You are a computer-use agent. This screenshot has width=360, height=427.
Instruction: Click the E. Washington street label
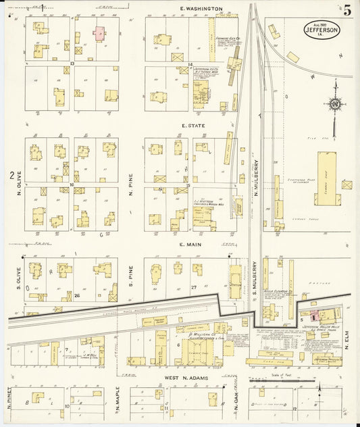pyautogui.click(x=201, y=9)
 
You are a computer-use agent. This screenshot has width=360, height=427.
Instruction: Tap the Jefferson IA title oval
pyautogui.click(x=322, y=29)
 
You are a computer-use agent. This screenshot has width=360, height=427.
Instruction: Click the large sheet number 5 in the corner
pyautogui.click(x=346, y=10)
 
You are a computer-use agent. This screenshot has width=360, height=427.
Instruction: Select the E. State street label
pyautogui.click(x=192, y=126)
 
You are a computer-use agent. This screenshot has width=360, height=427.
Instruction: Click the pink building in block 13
pyautogui.click(x=99, y=32)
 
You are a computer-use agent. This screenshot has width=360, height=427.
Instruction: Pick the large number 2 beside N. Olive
pyautogui.click(x=12, y=176)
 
